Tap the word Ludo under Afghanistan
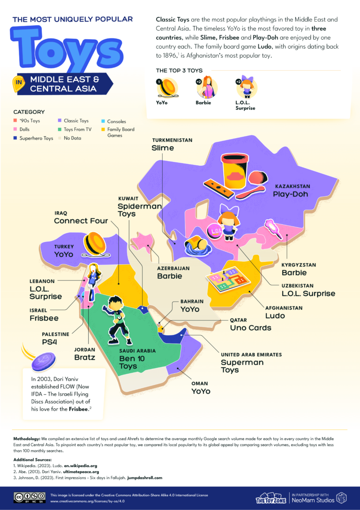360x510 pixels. [x=275, y=316]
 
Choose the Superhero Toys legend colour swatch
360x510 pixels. [x=15, y=138]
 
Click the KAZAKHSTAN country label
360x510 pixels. [x=292, y=186]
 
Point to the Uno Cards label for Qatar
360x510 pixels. [x=250, y=328]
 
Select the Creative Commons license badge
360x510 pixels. [x=30, y=497]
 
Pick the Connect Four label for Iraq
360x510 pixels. [x=81, y=220]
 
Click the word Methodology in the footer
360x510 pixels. [x=29, y=438]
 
